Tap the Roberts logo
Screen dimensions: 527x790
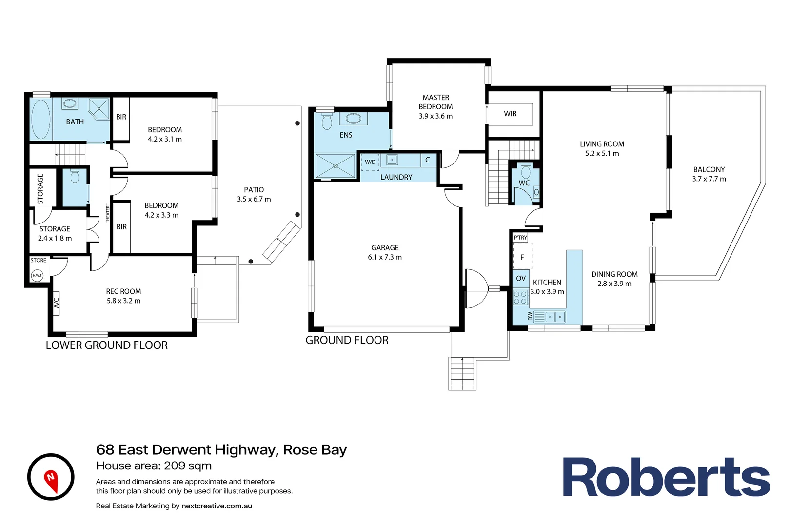coord(666,477)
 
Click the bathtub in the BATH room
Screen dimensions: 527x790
coord(41,120)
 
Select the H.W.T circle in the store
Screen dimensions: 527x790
coord(37,276)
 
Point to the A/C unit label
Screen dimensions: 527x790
coord(56,303)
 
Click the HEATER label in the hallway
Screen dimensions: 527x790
coord(108,214)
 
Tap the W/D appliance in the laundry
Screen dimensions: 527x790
coord(370,162)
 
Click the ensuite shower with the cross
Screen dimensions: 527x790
coord(336,166)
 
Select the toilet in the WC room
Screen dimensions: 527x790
coord(525,171)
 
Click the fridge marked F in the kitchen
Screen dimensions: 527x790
coord(522,257)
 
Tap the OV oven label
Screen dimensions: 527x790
coord(521,278)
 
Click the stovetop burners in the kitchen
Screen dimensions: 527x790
coord(520,298)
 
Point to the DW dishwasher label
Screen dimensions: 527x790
coord(530,316)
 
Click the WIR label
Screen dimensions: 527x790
coord(510,114)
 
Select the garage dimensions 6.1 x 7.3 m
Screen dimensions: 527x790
coord(385,257)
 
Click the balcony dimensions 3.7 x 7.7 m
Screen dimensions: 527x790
coord(709,179)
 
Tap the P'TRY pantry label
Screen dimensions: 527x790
coord(520,238)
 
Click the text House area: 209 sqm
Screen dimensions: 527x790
coord(154,466)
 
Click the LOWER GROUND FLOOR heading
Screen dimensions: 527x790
coord(107,345)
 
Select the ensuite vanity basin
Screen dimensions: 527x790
coord(353,119)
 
